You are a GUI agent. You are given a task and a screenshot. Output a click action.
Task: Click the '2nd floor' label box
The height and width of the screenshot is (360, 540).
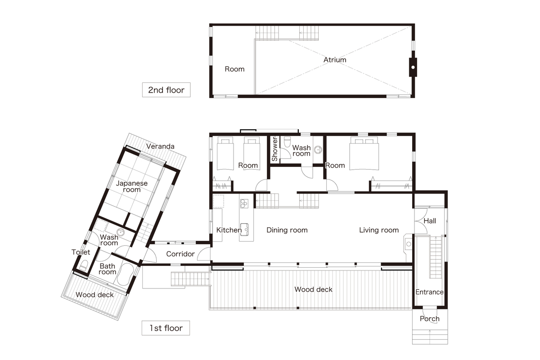166,90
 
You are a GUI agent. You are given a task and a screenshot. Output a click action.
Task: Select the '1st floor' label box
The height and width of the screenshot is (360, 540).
166,328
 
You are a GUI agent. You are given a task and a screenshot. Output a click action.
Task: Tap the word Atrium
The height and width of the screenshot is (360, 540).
335,60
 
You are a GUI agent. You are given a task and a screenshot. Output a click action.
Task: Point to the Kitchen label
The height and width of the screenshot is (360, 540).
229,230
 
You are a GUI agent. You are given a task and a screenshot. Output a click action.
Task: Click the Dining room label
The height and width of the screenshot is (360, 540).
287,230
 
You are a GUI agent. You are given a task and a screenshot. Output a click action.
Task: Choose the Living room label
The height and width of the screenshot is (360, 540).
379,230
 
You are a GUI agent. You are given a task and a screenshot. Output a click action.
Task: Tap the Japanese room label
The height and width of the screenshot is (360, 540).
131,186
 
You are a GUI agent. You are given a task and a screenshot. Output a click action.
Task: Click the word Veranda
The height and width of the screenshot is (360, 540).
160,146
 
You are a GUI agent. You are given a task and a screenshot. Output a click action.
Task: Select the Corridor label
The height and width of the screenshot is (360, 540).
180,254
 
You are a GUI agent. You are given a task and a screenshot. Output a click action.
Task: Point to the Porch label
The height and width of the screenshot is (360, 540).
430,319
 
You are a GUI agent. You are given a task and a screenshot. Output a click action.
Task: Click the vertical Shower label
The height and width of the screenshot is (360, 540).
274,149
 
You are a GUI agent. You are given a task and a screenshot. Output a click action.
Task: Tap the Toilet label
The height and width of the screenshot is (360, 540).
81,252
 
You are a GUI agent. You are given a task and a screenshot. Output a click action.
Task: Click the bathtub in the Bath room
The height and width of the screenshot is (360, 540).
125,274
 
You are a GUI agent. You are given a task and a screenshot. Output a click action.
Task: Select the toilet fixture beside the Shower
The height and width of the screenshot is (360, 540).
288,142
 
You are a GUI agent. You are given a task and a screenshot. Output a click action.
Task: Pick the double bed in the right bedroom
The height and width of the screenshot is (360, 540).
364,153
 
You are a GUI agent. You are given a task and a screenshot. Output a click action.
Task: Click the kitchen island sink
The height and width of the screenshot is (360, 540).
244,229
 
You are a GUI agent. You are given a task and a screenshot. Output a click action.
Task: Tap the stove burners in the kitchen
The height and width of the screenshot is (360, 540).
244,203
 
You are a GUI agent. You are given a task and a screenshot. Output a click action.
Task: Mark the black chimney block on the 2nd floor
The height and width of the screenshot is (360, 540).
413,67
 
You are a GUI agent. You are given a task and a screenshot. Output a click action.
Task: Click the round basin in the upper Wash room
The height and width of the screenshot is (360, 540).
318,150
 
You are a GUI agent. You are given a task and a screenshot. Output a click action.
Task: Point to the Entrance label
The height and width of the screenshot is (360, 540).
429,292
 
